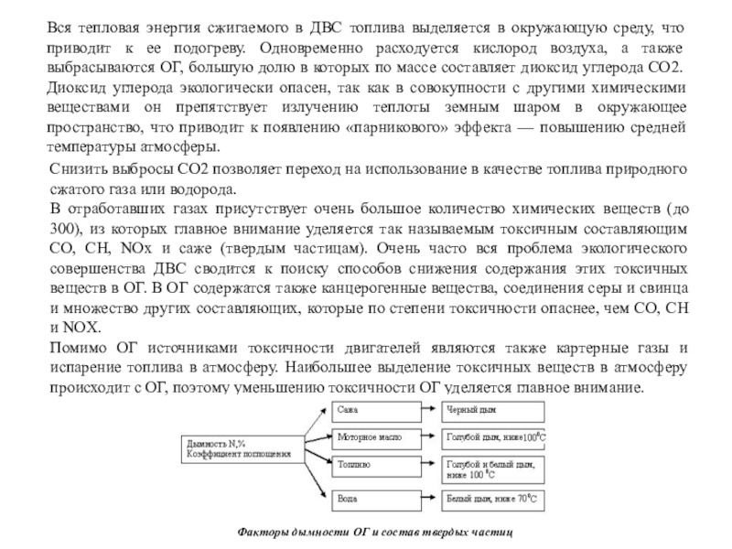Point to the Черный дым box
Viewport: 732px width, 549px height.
pyautogui.click(x=493, y=408)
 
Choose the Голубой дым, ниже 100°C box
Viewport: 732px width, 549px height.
pyautogui.click(x=493, y=437)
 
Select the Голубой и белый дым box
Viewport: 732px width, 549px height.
pyautogui.click(x=493, y=470)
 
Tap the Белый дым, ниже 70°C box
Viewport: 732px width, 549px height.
pyautogui.click(x=493, y=500)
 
